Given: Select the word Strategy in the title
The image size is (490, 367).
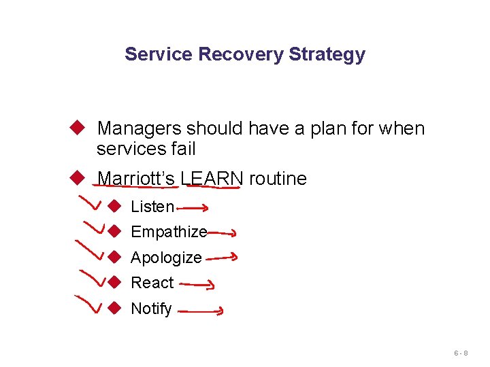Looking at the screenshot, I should coord(327,54).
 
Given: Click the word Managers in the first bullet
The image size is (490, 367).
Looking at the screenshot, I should coord(138,128).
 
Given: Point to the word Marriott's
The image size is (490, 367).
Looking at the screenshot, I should coord(136,179).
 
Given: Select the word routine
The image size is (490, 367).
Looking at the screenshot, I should coord(278,179).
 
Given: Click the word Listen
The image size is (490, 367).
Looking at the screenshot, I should coord(152,207).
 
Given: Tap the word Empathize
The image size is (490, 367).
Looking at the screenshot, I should coord(169,232).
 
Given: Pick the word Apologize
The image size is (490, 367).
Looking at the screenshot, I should coord(166,258).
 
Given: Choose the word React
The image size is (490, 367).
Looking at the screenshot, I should coord(152,283).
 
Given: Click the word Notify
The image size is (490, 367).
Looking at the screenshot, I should coord(151,309).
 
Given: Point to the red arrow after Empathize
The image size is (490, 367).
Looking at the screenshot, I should coord(222,232).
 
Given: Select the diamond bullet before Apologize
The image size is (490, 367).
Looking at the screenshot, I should coord(115,257).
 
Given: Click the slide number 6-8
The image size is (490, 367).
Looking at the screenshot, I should coord(461,354).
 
